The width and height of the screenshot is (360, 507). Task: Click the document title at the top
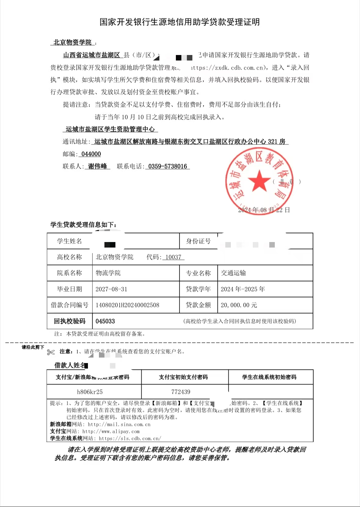click(180, 22)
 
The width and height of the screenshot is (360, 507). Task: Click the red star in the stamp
click(259, 180)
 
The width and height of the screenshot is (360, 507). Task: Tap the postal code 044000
click(91, 154)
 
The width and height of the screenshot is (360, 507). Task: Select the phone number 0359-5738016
click(167, 166)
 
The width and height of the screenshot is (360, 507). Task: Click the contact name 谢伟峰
click(97, 166)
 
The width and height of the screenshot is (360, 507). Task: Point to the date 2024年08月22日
click(264, 210)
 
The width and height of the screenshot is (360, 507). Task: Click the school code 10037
click(173, 257)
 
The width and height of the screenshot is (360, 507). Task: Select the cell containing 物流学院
click(108, 273)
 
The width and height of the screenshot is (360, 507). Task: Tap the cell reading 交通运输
click(233, 273)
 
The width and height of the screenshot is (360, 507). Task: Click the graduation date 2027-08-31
click(111, 289)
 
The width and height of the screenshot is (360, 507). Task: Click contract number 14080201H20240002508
click(127, 305)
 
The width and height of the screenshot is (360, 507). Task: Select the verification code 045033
click(105, 321)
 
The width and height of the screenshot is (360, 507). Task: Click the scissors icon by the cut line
click(51, 352)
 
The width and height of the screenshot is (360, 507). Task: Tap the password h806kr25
click(90, 392)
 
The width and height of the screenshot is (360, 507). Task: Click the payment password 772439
click(181, 392)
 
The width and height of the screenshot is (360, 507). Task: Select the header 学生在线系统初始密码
click(269, 377)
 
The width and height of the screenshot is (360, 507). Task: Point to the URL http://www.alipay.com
click(111, 432)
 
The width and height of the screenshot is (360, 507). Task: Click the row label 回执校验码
click(70, 321)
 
